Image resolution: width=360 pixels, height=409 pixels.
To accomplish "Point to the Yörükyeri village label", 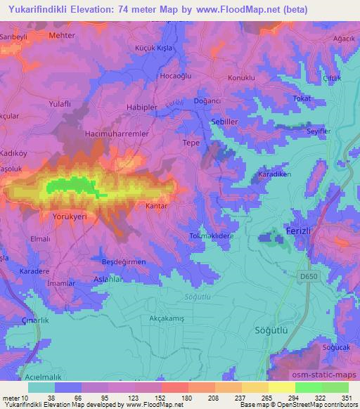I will [x=70, y=217].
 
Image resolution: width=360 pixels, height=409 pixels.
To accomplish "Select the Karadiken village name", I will [x=274, y=174].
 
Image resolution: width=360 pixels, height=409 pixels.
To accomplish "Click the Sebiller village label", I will [x=226, y=121].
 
